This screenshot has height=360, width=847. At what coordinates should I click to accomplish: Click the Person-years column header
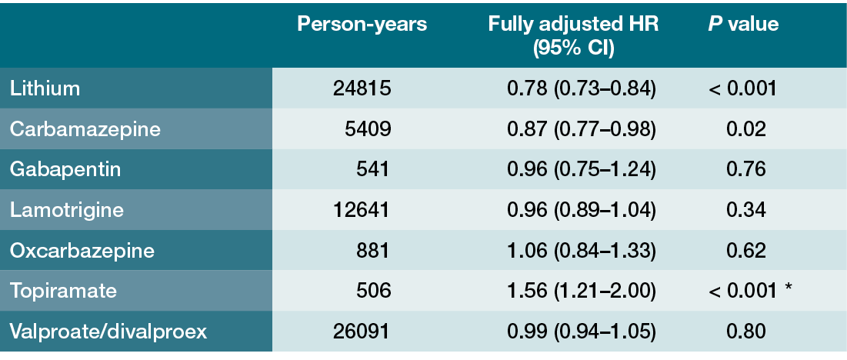[362, 25]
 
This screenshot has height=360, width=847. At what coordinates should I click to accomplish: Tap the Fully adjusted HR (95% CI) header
[573, 36]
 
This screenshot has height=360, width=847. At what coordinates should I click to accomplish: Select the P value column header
[743, 25]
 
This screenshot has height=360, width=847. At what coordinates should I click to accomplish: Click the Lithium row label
[45, 88]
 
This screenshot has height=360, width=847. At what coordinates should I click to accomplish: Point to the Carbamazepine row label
[85, 129]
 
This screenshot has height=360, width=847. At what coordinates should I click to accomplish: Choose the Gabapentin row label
[65, 169]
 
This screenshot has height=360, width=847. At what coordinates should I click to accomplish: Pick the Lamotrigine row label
[67, 210]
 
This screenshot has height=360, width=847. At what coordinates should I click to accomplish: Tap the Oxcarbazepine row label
[82, 251]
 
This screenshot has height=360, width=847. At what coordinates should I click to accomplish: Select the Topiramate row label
[63, 291]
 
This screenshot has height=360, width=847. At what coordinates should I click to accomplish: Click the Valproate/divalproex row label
[108, 332]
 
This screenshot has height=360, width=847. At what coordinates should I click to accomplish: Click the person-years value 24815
[362, 88]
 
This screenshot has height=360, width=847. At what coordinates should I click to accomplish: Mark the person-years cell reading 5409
[367, 129]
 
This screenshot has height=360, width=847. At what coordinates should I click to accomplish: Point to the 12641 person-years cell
[362, 210]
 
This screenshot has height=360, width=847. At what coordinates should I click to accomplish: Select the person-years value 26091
[362, 332]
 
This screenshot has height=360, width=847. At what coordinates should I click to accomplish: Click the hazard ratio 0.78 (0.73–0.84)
[582, 88]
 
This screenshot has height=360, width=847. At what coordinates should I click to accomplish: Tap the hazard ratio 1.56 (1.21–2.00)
[582, 291]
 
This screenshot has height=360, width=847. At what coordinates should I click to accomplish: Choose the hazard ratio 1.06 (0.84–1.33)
[582, 251]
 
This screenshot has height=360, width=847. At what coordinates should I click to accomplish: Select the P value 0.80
[745, 332]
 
